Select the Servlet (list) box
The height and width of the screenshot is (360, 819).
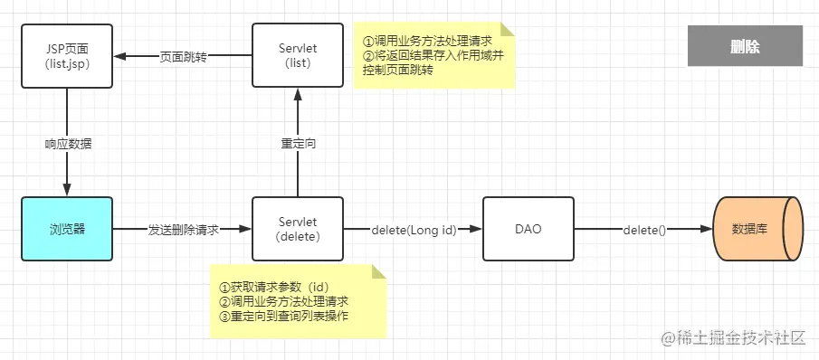(x=298, y=55)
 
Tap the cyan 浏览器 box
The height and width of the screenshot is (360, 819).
(x=67, y=229)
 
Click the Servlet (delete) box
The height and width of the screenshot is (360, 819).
(x=298, y=229)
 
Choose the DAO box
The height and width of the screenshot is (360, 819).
(x=528, y=229)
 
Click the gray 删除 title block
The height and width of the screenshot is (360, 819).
(x=745, y=46)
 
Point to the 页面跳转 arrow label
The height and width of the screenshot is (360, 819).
(x=184, y=56)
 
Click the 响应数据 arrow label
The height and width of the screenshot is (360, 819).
(x=68, y=143)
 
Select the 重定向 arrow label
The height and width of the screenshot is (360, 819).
(x=298, y=143)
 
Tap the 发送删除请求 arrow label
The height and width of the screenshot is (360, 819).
(x=184, y=230)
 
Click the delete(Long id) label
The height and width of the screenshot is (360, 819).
(x=413, y=230)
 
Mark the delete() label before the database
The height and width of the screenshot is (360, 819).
(x=643, y=230)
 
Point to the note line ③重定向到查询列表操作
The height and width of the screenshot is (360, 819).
(x=284, y=316)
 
